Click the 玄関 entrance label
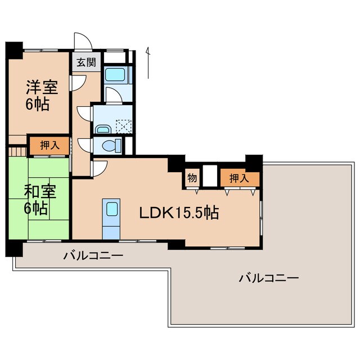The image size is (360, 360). [x=85, y=62]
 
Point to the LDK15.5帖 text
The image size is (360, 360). [x=179, y=213]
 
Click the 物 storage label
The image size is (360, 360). [x=192, y=178]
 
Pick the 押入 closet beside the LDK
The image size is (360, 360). [x=240, y=178]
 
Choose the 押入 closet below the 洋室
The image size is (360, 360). [x=49, y=145]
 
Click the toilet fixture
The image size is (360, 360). [x=111, y=146]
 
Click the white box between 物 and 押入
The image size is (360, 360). [x=210, y=175]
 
